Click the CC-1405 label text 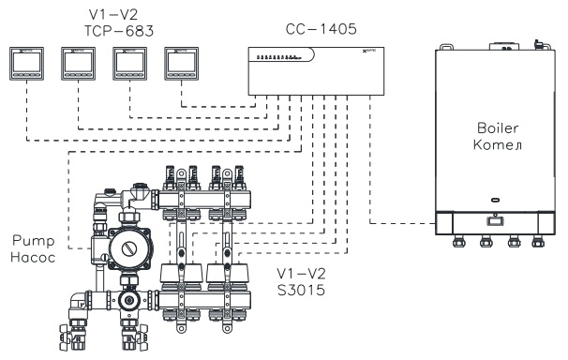pos(321,29)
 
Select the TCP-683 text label pos(119,31)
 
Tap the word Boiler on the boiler pos(498,127)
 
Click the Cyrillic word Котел pos(498,144)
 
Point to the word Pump pos(34,241)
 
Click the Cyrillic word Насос pos(33,258)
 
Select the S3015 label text pos(301,290)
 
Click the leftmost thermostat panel pos(27,64)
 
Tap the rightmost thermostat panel pos(181,64)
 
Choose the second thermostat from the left pos(78,64)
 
